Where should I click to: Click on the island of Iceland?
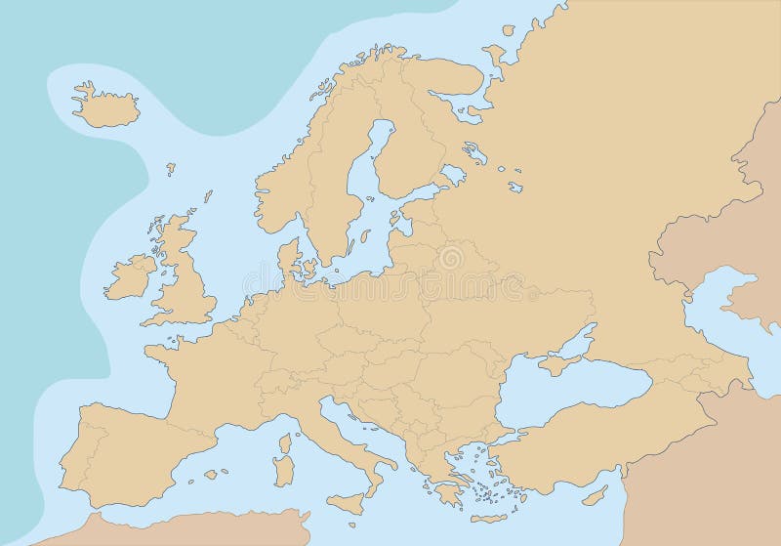[x=105, y=103]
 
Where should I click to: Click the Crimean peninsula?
[x=555, y=363]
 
